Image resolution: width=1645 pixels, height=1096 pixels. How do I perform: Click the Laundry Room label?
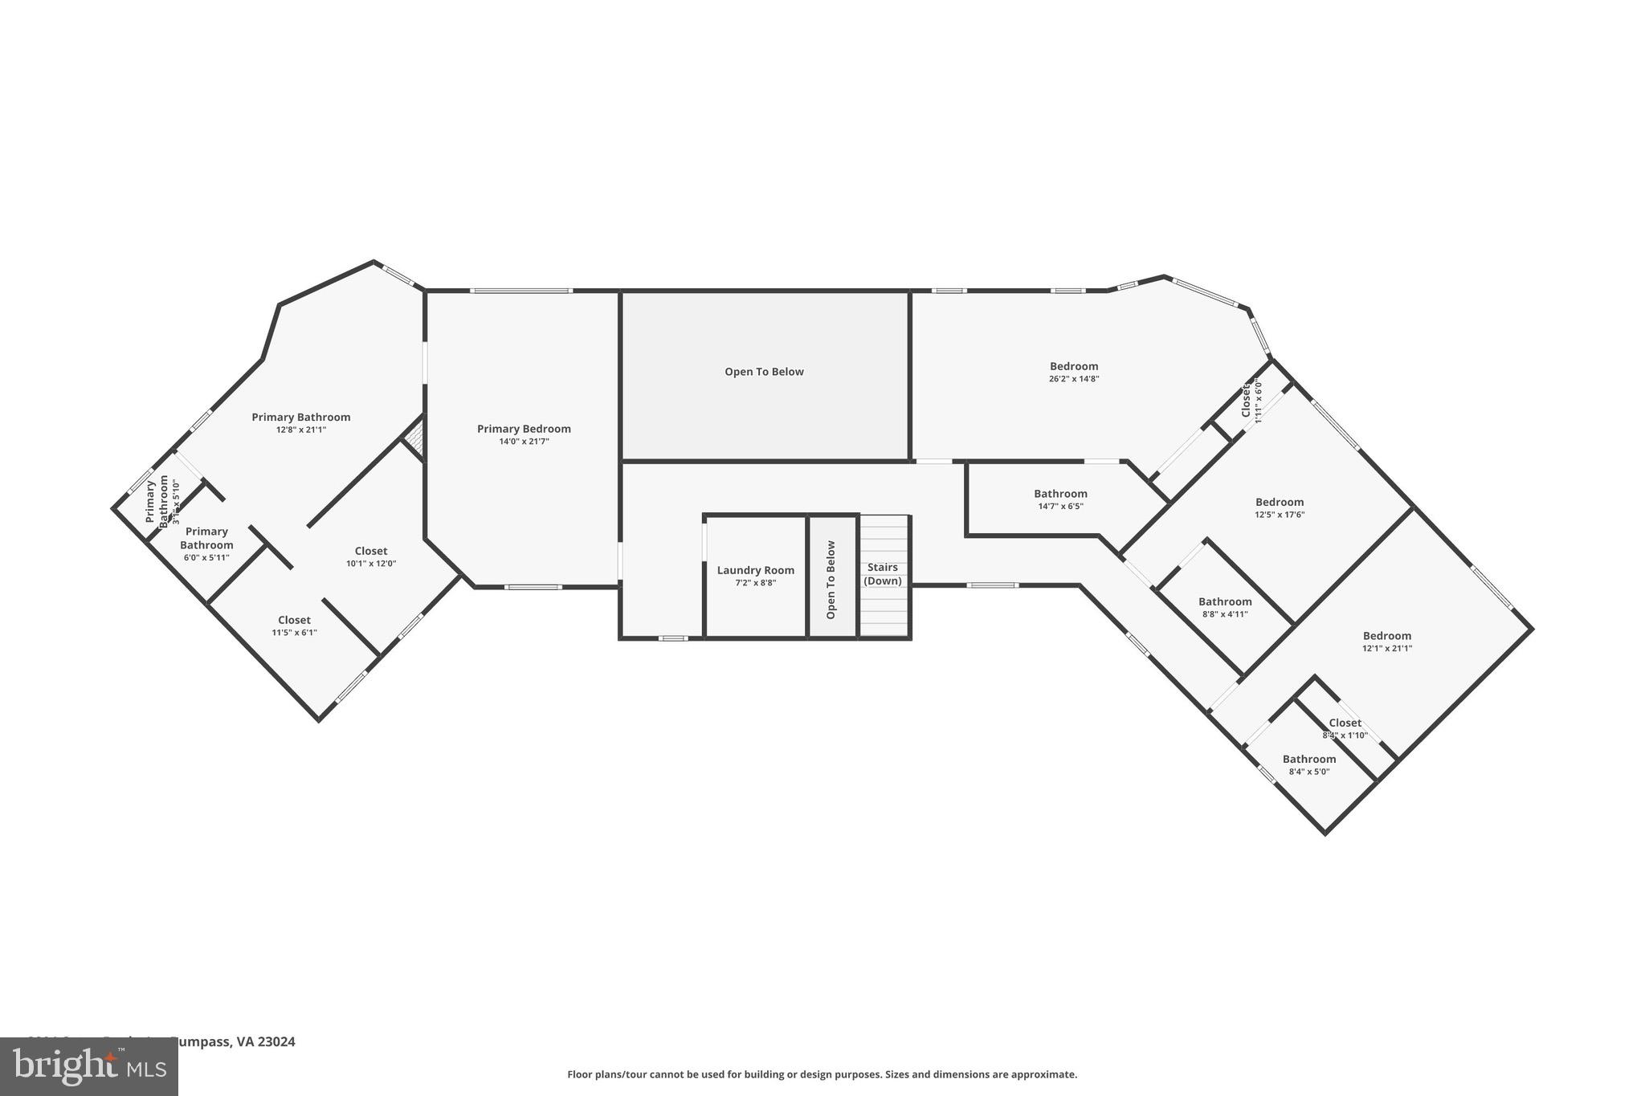point(755,570)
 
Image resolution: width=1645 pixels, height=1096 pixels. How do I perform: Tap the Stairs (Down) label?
point(882,574)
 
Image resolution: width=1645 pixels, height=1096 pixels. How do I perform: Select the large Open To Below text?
point(764,372)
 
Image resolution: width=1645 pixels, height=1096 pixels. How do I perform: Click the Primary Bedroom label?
point(524,429)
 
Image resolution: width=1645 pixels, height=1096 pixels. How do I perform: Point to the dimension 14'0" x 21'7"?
point(524,442)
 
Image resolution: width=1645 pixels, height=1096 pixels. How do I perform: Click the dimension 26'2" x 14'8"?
point(1073,379)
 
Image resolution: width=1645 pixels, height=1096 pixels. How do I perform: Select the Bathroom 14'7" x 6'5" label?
point(1060,494)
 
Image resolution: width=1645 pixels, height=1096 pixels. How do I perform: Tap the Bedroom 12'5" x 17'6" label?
point(1280,503)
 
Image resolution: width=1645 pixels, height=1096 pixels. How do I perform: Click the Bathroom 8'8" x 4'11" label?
point(1225,601)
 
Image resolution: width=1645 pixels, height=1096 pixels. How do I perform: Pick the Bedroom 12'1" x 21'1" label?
point(1386,636)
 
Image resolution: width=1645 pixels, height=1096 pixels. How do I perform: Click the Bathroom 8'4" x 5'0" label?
point(1309,759)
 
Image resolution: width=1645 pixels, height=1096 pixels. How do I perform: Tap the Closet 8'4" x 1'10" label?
point(1345,723)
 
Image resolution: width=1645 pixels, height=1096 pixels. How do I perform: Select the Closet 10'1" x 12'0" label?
point(371,551)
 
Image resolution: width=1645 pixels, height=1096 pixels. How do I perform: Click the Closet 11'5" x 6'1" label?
point(294,620)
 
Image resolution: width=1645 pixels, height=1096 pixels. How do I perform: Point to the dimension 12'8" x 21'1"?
point(301,430)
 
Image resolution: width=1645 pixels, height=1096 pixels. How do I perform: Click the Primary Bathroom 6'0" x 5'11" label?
point(206,538)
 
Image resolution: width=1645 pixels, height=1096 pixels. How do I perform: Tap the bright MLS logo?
point(89,1066)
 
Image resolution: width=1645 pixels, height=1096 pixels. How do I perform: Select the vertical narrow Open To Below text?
point(831,580)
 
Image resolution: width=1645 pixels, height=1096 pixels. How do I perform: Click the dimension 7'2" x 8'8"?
point(755,583)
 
